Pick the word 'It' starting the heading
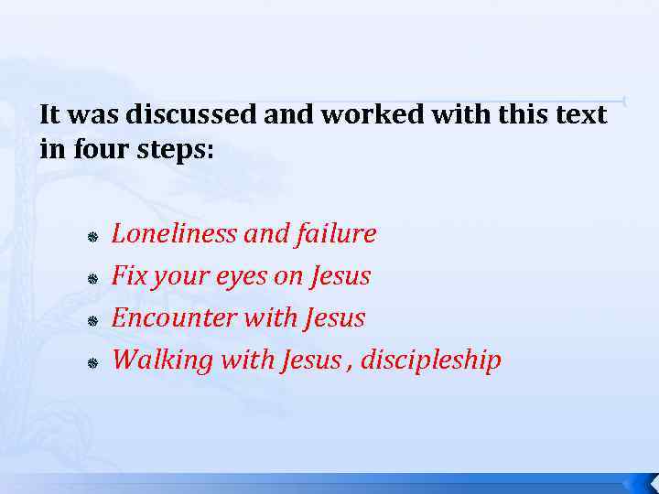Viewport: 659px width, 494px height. [x=49, y=115]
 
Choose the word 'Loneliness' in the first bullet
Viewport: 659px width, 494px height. [x=174, y=234]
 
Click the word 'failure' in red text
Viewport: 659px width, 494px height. [x=336, y=235]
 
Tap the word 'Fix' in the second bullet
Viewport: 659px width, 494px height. [x=128, y=275]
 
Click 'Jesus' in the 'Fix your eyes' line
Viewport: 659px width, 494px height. [x=340, y=275]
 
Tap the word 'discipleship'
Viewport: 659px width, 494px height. [x=431, y=360]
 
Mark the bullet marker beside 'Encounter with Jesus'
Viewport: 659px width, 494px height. [x=92, y=321]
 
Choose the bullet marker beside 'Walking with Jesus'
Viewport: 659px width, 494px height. [x=92, y=363]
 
